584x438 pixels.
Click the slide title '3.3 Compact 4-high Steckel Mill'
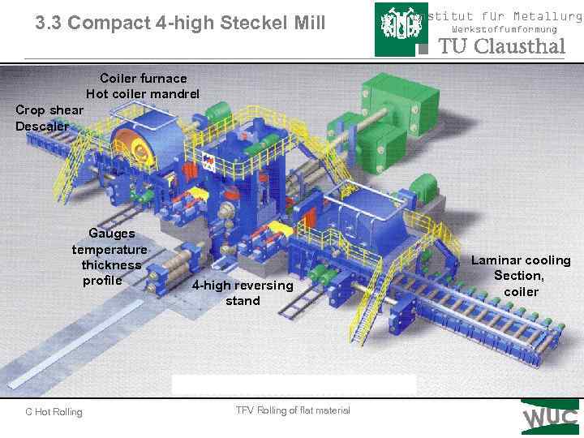pos(180,24)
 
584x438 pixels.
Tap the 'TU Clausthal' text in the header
pos(501,47)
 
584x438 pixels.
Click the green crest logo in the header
pos(397,28)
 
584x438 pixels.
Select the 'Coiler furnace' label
pos(144,79)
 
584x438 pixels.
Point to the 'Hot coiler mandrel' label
pos(143,94)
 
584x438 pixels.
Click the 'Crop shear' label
pos(49,110)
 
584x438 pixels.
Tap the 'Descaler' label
pos(41,126)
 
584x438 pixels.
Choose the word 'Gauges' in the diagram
pos(112,234)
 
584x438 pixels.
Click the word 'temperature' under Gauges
pos(109,249)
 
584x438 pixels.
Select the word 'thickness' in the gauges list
pos(111,265)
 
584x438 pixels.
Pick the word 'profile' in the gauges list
pos(102,281)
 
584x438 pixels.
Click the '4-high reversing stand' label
pos(243,293)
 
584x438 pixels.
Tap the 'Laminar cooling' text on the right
pos(521,260)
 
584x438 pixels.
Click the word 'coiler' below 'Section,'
pos(521,292)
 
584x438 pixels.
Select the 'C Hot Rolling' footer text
pos(54,412)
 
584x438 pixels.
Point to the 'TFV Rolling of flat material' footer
pos(293,410)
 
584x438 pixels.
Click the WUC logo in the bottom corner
pos(550,418)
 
